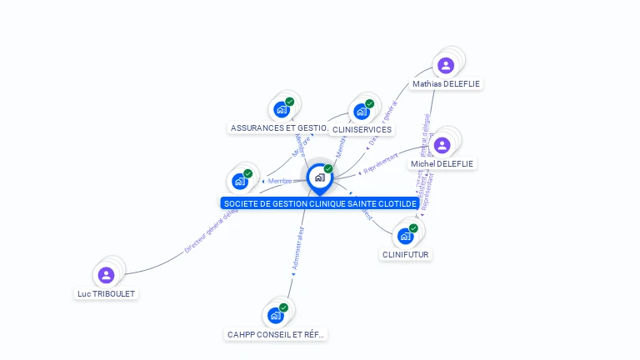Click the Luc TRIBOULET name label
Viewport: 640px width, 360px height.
point(106,294)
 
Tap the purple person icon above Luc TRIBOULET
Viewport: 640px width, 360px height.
point(106,274)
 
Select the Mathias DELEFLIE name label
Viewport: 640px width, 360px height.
point(447,84)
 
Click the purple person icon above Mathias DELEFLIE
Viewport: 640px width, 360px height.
point(446,65)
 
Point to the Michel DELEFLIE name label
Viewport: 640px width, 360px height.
point(442,164)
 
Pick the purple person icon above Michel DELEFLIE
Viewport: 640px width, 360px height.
point(442,145)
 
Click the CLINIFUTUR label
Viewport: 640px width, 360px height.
point(407,255)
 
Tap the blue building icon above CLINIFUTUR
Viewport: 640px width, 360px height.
point(406,236)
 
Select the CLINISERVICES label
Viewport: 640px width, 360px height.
point(362,130)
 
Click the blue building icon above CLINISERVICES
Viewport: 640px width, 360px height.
point(362,111)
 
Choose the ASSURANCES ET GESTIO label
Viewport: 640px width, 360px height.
point(278,128)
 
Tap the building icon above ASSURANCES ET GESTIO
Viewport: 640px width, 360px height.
point(282,108)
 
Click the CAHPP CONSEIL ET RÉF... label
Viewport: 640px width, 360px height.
point(276,335)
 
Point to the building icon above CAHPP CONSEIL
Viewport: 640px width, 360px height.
point(276,315)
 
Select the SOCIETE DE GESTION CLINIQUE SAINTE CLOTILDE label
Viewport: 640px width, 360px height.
point(320,203)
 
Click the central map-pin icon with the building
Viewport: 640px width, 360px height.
point(319,177)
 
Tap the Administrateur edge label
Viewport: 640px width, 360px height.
point(297,249)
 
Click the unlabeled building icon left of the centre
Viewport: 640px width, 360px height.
point(240,181)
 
